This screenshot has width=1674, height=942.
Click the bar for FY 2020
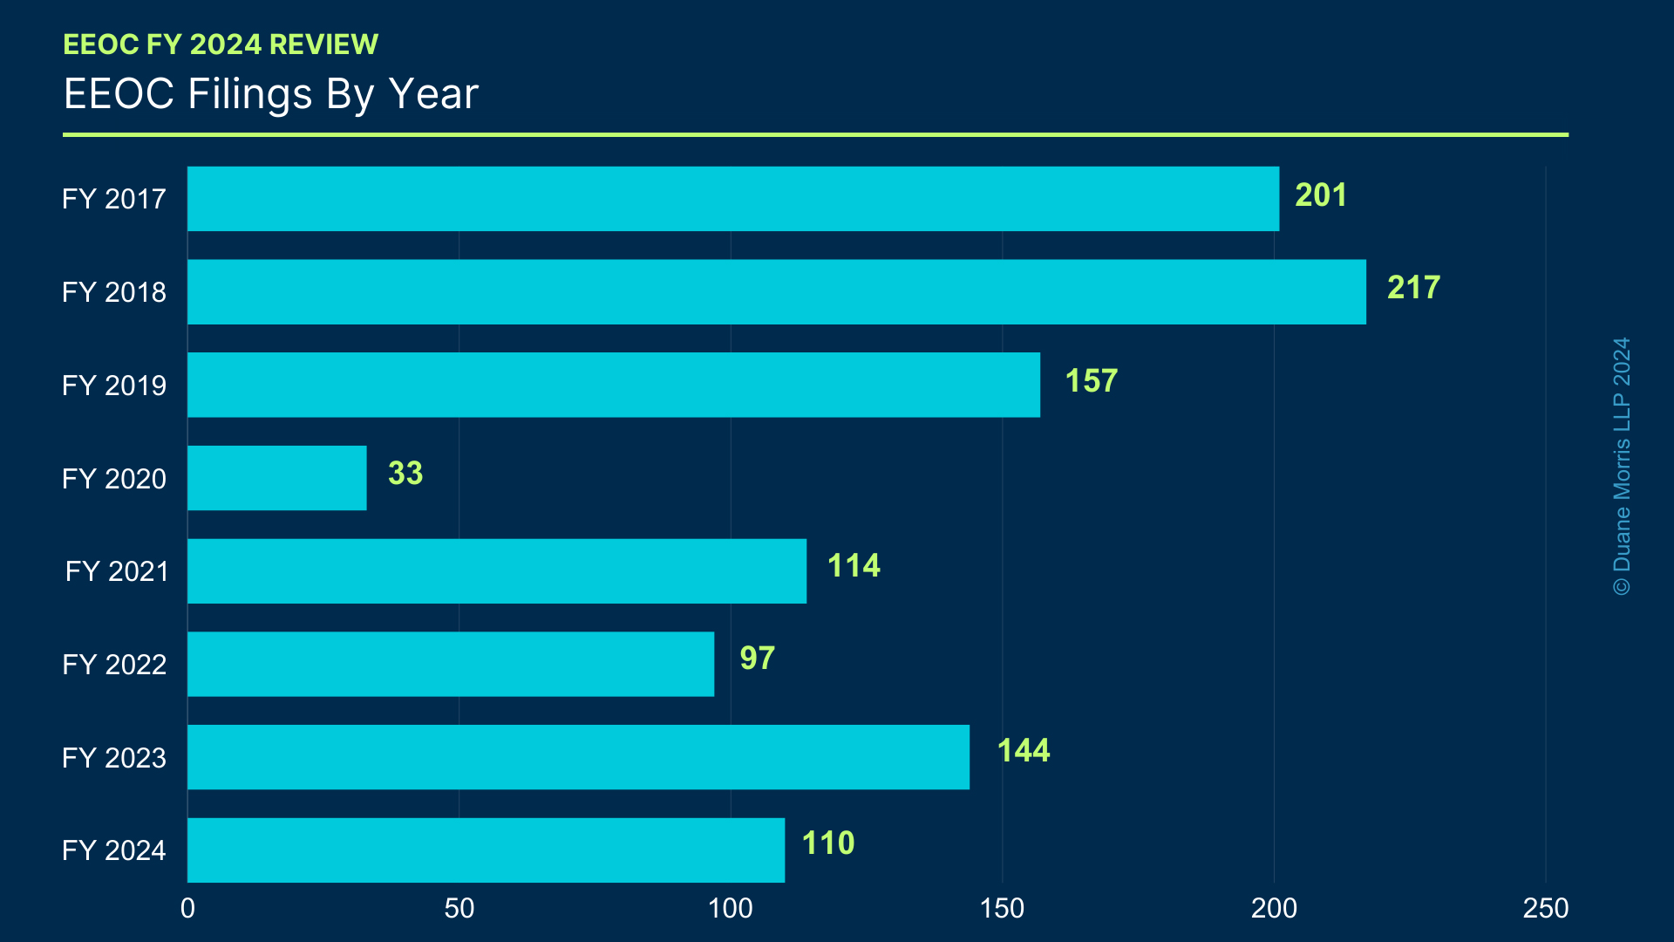(x=277, y=478)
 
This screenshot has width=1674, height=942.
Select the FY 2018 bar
(x=776, y=292)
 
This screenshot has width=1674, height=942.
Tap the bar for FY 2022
(x=451, y=664)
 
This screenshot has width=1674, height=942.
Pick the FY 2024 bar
(x=486, y=850)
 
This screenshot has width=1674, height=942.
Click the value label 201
(x=1321, y=195)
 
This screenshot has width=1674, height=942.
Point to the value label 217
(x=1413, y=288)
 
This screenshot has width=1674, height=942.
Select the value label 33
(x=405, y=474)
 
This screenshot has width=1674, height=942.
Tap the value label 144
(x=1024, y=751)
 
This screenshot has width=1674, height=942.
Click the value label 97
(x=757, y=659)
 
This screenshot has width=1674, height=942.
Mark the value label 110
(x=828, y=843)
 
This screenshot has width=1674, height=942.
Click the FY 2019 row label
(x=114, y=386)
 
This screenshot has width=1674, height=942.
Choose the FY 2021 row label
(x=117, y=571)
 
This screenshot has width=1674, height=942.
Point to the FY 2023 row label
(x=114, y=757)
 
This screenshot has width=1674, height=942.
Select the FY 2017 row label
(x=114, y=199)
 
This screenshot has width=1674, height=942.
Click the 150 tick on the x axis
(x=1002, y=909)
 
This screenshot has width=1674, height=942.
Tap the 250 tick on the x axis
(x=1545, y=909)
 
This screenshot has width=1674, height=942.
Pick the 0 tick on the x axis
(x=187, y=909)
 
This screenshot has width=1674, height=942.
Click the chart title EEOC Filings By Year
(x=271, y=94)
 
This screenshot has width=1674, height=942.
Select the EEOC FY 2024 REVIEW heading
(x=221, y=44)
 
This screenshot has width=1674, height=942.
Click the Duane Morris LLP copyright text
(x=1622, y=467)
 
